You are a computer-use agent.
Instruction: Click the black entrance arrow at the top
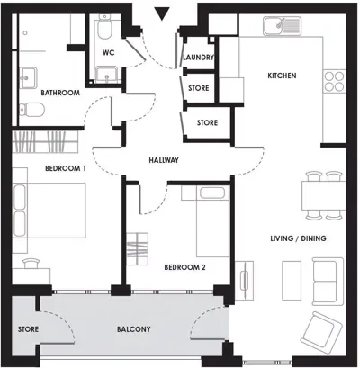tap(162, 13)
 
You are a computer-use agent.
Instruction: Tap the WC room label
tap(108, 53)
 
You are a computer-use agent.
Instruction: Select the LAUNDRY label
tap(198, 57)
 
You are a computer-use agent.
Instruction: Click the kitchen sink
tap(282, 26)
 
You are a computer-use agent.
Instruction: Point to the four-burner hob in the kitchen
tap(334, 81)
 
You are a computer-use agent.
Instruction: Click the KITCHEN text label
tap(282, 76)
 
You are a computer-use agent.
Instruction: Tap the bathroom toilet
tap(31, 110)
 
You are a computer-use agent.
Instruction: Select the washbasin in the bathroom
tap(29, 77)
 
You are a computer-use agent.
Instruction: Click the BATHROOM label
tap(60, 93)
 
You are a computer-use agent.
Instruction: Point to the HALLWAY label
tap(164, 160)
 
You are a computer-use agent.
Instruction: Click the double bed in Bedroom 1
tap(49, 211)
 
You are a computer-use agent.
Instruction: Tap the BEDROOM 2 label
tap(184, 267)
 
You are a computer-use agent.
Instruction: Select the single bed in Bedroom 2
tap(213, 221)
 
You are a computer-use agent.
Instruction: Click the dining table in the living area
tap(324, 195)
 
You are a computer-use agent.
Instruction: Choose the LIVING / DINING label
tap(298, 238)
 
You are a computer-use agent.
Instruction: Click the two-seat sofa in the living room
tap(328, 281)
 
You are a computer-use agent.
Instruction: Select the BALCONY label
tap(134, 329)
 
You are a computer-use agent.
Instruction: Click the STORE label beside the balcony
tap(28, 329)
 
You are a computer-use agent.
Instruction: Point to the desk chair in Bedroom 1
tap(31, 263)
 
